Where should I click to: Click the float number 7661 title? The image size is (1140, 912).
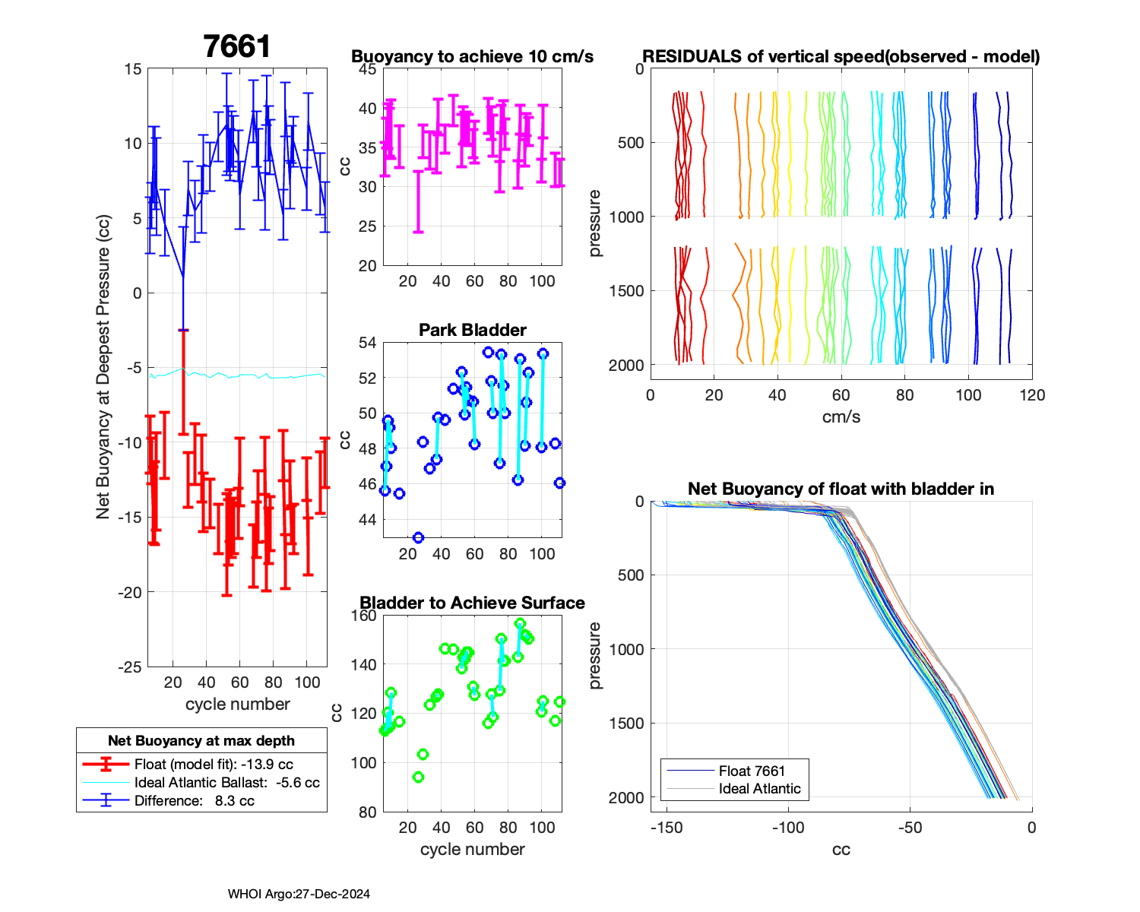(x=237, y=47)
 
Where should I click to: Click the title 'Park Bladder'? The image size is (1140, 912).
(x=473, y=330)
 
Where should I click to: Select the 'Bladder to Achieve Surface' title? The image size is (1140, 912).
(x=472, y=603)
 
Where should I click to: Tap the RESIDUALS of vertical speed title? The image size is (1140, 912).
(x=841, y=56)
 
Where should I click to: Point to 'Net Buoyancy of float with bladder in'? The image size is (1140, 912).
(x=841, y=489)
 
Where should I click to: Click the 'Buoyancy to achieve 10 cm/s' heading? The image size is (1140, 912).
(x=472, y=56)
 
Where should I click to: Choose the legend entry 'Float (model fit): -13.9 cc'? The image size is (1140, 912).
(x=214, y=765)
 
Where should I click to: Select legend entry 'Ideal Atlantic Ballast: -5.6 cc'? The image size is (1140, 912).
(x=226, y=783)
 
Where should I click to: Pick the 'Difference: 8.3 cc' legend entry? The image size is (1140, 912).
(x=194, y=801)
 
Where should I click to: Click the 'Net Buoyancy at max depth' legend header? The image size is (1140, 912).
(x=201, y=741)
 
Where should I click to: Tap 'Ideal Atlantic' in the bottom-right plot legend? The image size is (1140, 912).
(x=759, y=789)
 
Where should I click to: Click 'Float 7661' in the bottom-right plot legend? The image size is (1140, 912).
(x=752, y=771)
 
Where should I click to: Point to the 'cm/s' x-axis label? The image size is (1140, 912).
(x=841, y=416)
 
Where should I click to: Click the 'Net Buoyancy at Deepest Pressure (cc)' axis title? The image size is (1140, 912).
(x=103, y=367)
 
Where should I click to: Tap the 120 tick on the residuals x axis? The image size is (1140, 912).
(x=1032, y=395)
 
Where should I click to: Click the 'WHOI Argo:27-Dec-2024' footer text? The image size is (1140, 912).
(x=299, y=894)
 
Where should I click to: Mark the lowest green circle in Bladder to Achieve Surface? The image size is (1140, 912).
(x=418, y=777)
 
